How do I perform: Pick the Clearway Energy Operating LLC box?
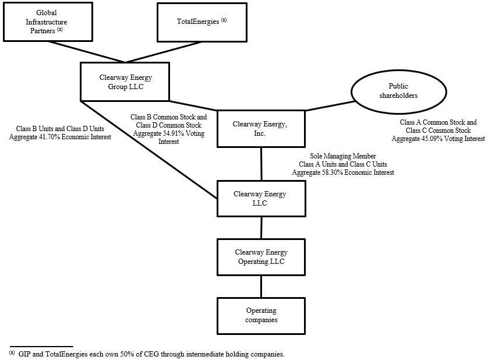pyautogui.click(x=261, y=256)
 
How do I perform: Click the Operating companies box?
pyautogui.click(x=261, y=315)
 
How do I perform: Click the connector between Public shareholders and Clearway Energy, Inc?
pyautogui.click(x=329, y=106)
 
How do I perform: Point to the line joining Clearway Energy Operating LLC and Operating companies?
pyautogui.click(x=261, y=285)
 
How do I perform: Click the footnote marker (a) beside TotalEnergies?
pyautogui.click(x=224, y=20)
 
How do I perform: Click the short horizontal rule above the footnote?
pyautogui.click(x=41, y=345)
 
